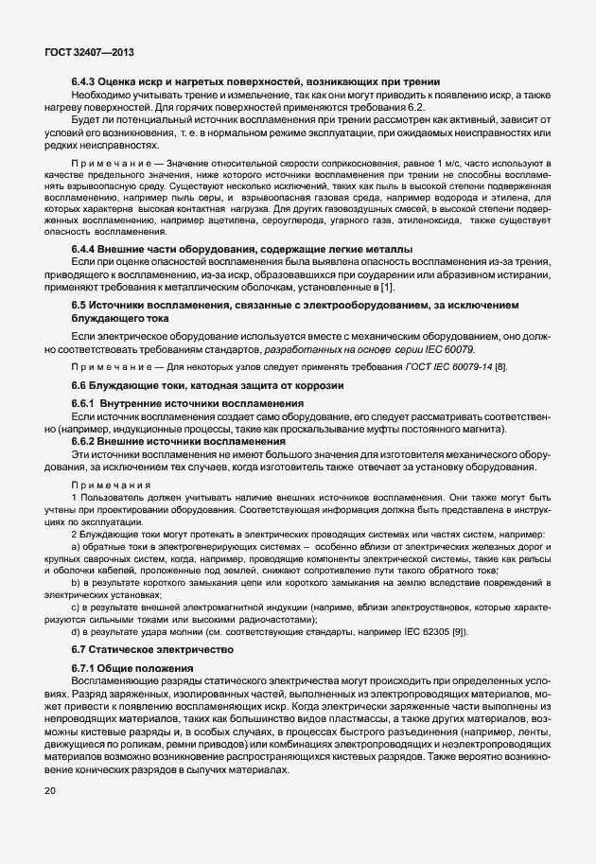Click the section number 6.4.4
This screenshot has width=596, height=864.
86,249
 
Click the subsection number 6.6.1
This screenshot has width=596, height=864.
87,405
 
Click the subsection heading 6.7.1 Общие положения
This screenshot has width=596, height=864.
132,669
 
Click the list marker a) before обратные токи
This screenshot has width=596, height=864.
76,547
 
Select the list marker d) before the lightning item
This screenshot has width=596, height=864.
76,630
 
